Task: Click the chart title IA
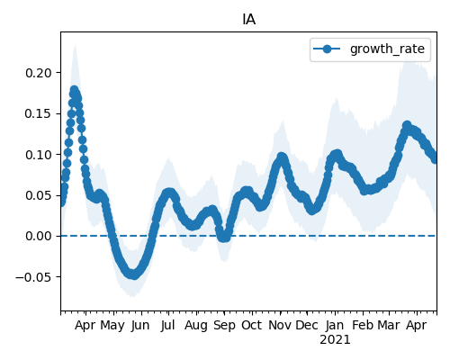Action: [x=249, y=20]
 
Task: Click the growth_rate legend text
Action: [x=387, y=49]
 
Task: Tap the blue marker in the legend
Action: [x=327, y=49]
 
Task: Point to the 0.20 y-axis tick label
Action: [x=39, y=73]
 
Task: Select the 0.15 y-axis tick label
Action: [x=39, y=113]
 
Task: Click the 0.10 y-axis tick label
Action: [x=39, y=155]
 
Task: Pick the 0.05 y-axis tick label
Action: [x=39, y=195]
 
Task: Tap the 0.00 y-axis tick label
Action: [x=39, y=236]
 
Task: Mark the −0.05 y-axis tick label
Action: [x=33, y=277]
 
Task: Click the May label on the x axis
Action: [x=112, y=326]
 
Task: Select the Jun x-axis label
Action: [x=140, y=326]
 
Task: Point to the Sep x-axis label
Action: [x=224, y=326]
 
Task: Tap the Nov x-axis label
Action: [x=280, y=326]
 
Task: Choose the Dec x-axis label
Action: [x=307, y=326]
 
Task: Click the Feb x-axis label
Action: [x=363, y=326]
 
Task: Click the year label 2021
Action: [x=335, y=340]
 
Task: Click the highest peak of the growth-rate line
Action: [x=74, y=90]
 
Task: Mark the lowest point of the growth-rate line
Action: [x=134, y=274]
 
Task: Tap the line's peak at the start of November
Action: [x=282, y=157]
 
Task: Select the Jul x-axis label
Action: [x=167, y=326]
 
